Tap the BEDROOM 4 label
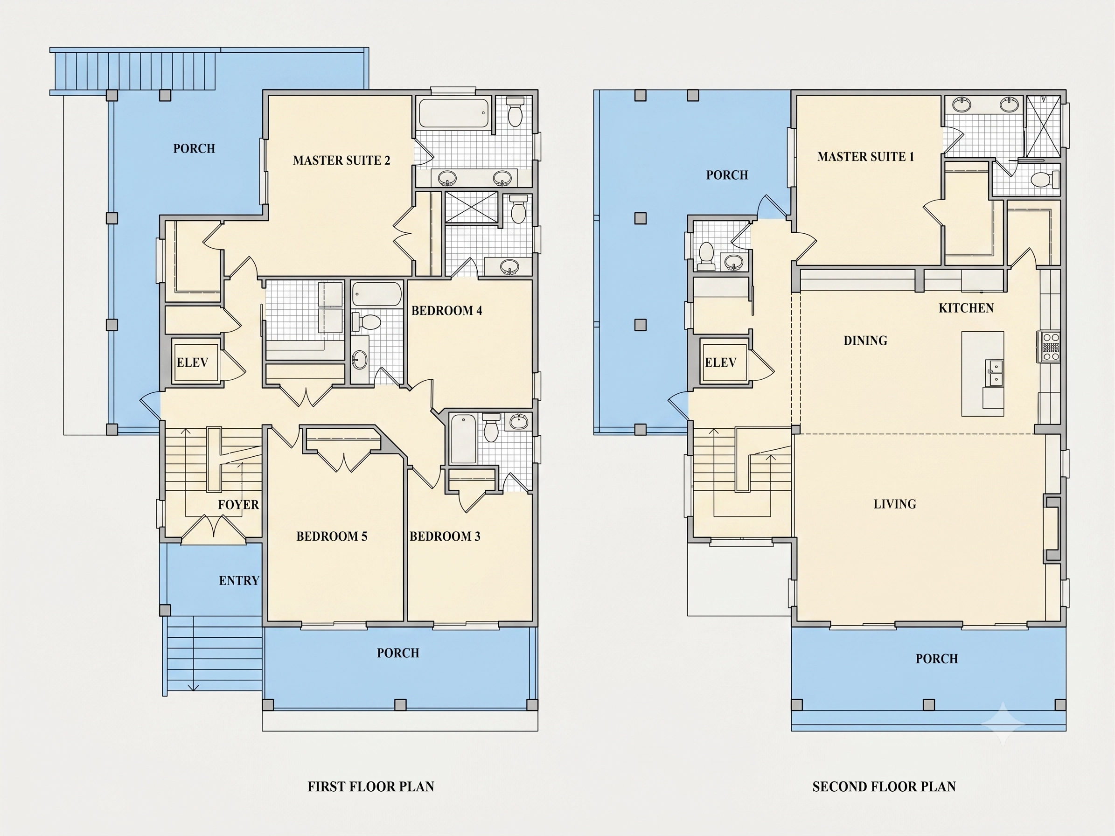tap(446, 310)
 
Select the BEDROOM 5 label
tap(332, 536)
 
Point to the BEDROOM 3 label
tap(445, 536)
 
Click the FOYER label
tap(238, 504)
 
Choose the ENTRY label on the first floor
tap(239, 580)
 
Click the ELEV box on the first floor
tap(195, 362)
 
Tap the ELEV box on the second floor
tap(724, 362)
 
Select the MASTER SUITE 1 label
tap(865, 157)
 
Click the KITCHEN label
tap(966, 308)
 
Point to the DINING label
tap(865, 341)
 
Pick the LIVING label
tap(895, 504)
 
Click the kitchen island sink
tap(995, 373)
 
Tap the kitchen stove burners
tap(1051, 347)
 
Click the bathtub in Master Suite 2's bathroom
tap(453, 113)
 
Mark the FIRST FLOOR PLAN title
tap(370, 787)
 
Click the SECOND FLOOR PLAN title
tap(884, 787)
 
